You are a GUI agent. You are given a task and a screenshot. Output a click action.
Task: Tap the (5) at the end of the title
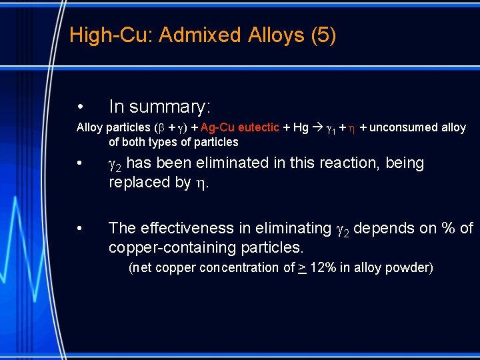pos(323,35)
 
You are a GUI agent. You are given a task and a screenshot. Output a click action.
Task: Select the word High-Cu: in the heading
pos(111,35)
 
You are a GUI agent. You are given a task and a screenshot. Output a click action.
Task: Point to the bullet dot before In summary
pos(79,107)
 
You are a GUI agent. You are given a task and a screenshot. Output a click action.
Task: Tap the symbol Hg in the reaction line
pos(301,127)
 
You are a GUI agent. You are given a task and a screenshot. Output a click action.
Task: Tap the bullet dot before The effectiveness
pos(79,229)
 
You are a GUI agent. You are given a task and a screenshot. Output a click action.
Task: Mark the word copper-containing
pos(173,248)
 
